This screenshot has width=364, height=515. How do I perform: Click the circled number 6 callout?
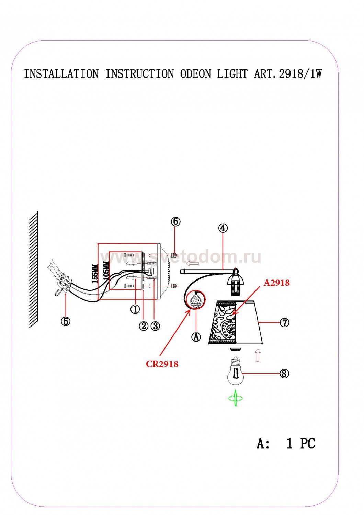click(175, 221)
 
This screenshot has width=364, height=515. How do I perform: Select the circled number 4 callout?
click(223, 228)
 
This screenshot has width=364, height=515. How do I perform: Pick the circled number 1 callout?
click(135, 309)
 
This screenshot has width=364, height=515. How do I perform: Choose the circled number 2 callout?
click(144, 325)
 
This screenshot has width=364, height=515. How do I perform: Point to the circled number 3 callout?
click(155, 325)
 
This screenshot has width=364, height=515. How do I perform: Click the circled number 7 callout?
click(284, 323)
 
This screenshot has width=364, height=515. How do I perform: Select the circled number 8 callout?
click(284, 373)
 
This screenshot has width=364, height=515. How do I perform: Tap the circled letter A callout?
click(196, 337)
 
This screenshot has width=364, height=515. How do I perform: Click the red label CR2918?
click(162, 364)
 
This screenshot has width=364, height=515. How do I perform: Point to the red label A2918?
click(276, 283)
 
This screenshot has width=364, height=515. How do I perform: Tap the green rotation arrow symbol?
click(236, 398)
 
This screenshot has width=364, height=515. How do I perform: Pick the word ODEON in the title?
click(195, 74)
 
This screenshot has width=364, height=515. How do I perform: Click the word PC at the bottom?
click(308, 443)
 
